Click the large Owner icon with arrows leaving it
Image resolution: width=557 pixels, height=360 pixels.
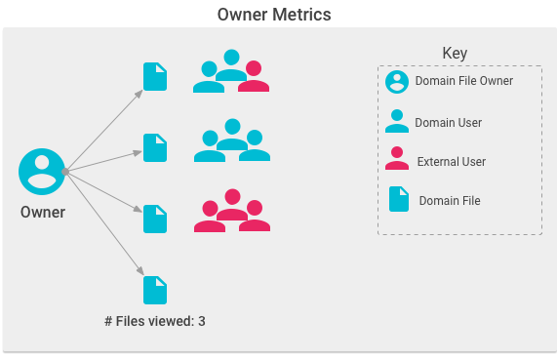(x=42, y=172)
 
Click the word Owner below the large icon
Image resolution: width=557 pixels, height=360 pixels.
(x=42, y=213)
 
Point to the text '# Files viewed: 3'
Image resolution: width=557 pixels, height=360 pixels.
(x=154, y=320)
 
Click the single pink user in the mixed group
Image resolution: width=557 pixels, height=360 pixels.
(x=254, y=77)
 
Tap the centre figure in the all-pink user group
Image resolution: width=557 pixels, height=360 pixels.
(x=231, y=204)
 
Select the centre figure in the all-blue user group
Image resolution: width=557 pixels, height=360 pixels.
(x=231, y=134)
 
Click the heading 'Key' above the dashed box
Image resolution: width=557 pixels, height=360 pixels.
(x=455, y=53)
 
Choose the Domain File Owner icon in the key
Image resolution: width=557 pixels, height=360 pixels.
(x=397, y=82)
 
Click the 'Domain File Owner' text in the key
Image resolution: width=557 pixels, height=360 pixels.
(x=464, y=81)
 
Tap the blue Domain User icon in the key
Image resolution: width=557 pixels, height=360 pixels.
(x=397, y=121)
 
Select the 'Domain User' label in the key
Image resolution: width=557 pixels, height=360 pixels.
(x=449, y=122)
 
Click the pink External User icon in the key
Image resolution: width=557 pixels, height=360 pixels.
(x=397, y=159)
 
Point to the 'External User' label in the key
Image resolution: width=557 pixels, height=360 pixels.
(x=452, y=161)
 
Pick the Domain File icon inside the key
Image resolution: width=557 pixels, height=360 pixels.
(x=398, y=199)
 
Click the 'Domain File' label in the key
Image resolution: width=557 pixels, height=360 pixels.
(x=450, y=200)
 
